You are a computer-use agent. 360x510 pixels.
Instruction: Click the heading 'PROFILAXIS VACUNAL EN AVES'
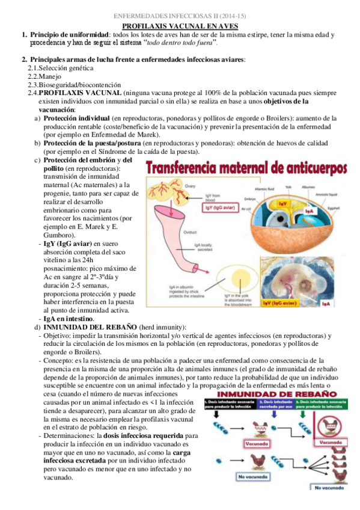click(180, 26)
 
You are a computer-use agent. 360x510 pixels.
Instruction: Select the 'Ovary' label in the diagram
click(191, 186)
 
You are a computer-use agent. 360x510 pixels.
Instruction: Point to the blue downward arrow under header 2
click(275, 415)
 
